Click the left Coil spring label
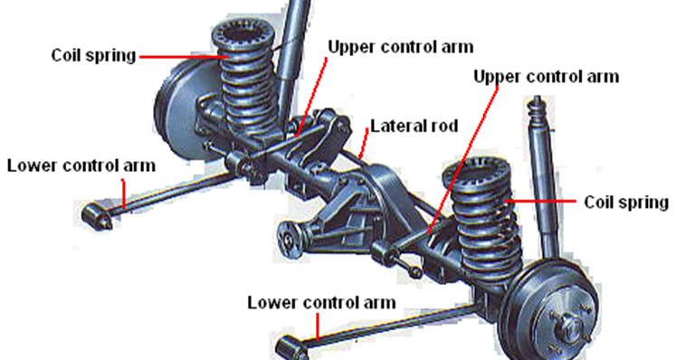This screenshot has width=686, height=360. (93, 55)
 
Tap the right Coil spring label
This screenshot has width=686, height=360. (626, 202)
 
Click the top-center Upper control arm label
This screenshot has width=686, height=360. (400, 45)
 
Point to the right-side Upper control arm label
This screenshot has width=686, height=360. (547, 76)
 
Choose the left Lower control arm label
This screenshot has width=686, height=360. (81, 166)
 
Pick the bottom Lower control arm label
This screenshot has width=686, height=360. (321, 301)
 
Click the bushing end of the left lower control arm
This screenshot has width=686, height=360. (94, 216)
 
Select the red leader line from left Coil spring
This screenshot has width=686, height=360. (181, 56)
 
